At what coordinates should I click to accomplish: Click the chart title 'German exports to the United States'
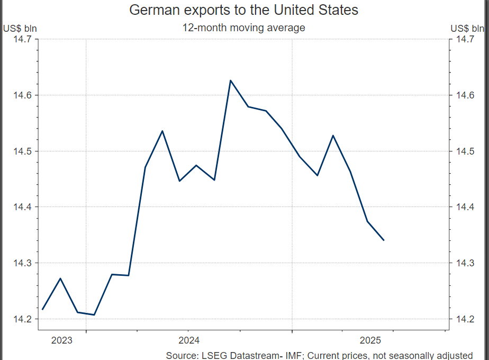(244, 10)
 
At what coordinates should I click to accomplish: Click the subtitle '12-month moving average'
(244, 28)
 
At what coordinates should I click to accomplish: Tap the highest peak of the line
(230, 80)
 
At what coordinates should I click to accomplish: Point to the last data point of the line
(384, 240)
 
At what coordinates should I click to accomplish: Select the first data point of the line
(42, 309)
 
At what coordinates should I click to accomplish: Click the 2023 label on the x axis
(62, 340)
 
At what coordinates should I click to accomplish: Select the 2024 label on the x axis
(189, 340)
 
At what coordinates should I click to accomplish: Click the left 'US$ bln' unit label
(20, 28)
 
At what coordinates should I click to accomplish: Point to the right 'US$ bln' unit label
(468, 28)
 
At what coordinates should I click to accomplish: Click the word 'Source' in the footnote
(180, 355)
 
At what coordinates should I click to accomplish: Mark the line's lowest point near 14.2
(94, 315)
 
